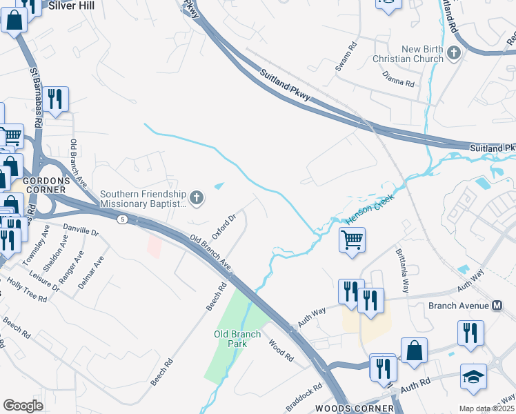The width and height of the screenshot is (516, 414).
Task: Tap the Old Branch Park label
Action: (237, 339)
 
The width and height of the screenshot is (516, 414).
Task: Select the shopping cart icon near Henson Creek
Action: (352, 241)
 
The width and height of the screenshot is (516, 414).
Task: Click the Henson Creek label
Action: (363, 208)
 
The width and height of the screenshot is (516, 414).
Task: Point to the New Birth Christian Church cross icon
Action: (454, 53)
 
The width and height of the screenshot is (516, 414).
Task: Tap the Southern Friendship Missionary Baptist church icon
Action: (197, 199)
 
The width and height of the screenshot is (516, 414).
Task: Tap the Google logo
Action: (23, 405)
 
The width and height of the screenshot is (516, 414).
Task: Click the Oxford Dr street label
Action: (224, 226)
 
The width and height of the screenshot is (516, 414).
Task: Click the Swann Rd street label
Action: (353, 55)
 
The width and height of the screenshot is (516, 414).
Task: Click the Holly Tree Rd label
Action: (24, 290)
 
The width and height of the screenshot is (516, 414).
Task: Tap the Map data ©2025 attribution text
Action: (486, 408)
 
